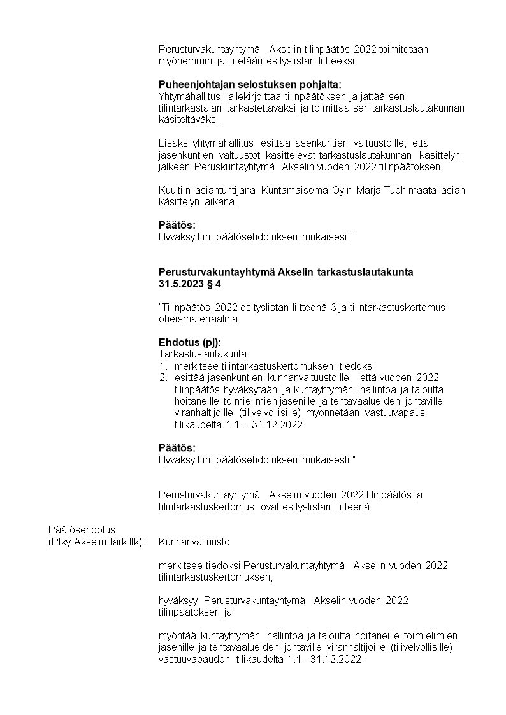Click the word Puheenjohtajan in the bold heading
tap(191, 84)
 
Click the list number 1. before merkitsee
tap(163, 366)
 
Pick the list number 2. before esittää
tap(163, 377)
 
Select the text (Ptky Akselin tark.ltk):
tap(96, 542)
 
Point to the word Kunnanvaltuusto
tap(194, 542)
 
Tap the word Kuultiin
tap(173, 190)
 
